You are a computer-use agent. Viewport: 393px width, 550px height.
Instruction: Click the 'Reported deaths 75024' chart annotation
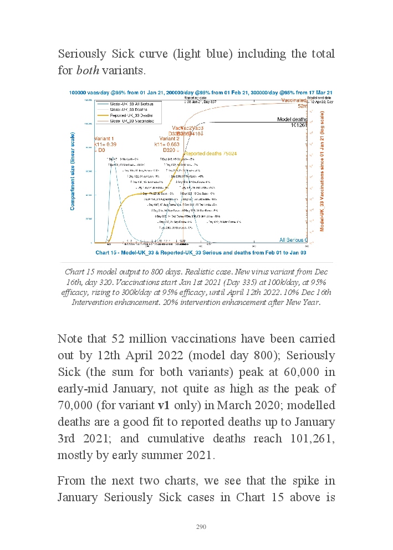pos(211,153)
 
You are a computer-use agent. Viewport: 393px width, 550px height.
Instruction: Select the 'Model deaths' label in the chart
pos(292,119)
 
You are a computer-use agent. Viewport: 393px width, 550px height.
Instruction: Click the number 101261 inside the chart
pos(299,125)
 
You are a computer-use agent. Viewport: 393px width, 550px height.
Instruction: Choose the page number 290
pos(201,527)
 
